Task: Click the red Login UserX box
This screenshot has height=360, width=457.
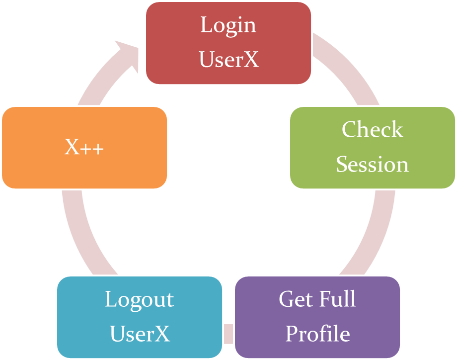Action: point(228,42)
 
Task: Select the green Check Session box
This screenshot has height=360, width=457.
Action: point(373,147)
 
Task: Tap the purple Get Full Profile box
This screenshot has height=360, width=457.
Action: point(317,317)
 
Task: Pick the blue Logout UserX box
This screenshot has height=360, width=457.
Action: point(140,317)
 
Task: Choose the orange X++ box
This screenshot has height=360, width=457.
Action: point(84,147)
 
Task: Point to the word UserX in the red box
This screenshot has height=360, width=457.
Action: point(228,60)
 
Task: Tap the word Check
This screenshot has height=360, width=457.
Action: point(373,130)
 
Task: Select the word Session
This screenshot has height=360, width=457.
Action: point(373,165)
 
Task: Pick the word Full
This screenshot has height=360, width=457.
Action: point(338,299)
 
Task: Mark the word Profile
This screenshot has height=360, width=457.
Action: point(317,334)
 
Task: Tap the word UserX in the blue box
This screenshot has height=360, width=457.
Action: point(140,334)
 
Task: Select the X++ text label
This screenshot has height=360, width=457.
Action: point(84,147)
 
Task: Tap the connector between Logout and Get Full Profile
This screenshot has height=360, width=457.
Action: point(228,332)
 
